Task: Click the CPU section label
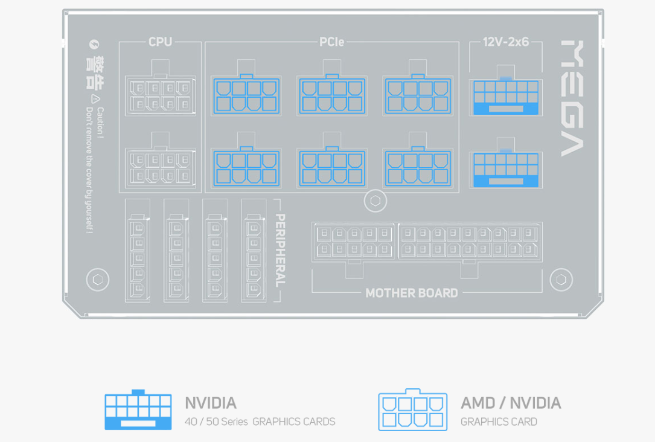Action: point(160,42)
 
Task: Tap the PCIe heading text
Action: point(331,42)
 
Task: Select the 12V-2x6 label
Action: point(505,42)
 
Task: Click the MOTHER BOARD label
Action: point(411,293)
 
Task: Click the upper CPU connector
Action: point(160,95)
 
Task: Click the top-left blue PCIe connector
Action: point(246,95)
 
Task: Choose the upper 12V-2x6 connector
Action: point(505,96)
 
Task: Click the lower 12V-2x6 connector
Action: point(505,170)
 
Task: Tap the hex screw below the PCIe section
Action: point(375,201)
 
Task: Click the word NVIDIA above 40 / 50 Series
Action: point(210,403)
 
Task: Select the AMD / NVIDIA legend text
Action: point(511,403)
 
